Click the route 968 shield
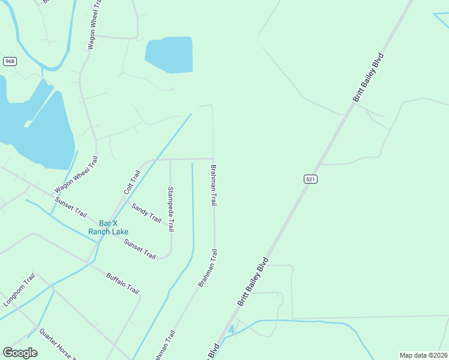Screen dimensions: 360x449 pos(10,61)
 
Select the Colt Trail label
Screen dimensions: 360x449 pos(132,182)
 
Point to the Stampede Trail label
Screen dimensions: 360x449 pos(171,209)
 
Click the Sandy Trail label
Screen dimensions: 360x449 pos(146,213)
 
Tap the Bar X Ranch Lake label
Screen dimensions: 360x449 pos(108,227)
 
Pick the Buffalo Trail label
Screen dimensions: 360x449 pos(123,284)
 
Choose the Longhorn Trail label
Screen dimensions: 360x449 pos(20,292)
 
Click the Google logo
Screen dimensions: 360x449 pos(20,353)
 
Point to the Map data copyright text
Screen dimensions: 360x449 pos(423,355)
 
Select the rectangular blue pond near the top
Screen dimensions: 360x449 pos(169,55)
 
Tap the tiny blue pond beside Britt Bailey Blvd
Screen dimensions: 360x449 pos(231,329)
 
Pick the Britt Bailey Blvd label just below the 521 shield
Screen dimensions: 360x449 pos(252,282)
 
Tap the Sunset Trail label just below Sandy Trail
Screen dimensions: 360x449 pos(140,249)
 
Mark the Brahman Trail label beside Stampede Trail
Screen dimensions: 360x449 pos(213,185)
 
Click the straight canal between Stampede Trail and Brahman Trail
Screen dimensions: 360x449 pos(193,204)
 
